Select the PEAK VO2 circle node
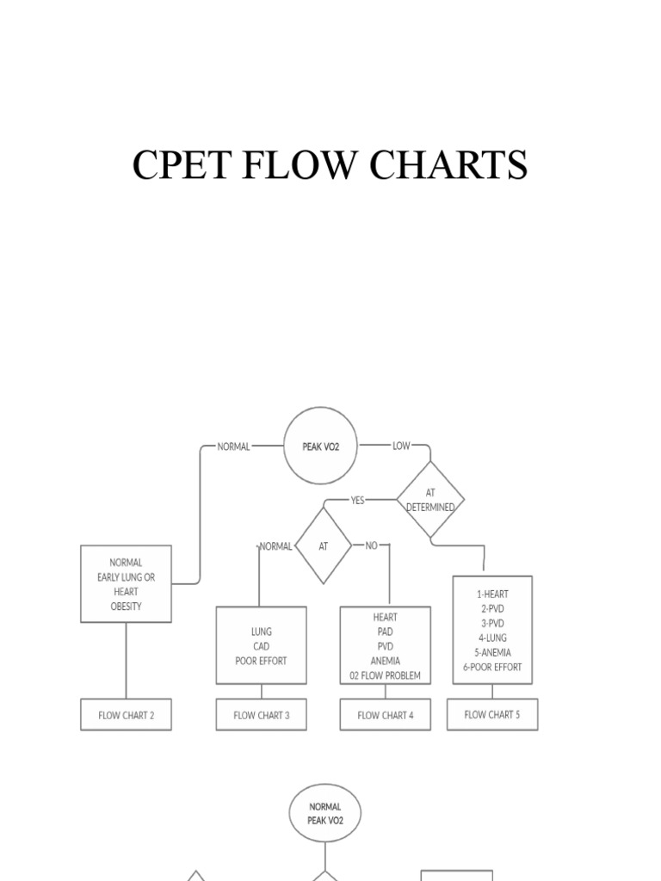tap(320, 447)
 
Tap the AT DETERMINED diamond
tap(430, 500)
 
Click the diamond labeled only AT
tap(324, 545)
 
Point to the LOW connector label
tap(401, 446)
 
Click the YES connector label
tap(357, 500)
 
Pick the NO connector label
tap(372, 545)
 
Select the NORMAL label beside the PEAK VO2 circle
tap(233, 447)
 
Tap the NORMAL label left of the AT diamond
tap(275, 545)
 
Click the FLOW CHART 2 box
tap(126, 715)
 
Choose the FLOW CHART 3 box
tap(261, 715)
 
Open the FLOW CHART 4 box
tap(385, 715)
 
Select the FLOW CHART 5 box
tap(492, 714)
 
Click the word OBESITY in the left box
tap(126, 606)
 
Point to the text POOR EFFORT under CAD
tap(261, 661)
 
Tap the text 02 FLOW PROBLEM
tap(385, 675)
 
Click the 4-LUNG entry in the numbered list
tap(491, 638)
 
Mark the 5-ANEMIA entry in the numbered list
tap(491, 652)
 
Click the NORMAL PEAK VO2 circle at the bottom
tap(324, 813)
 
